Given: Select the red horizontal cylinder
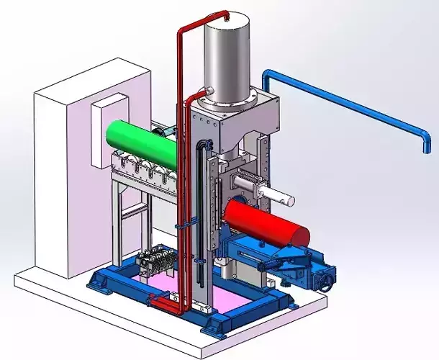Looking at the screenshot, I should (263, 221).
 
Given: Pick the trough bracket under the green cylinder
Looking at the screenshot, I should (144, 173).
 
